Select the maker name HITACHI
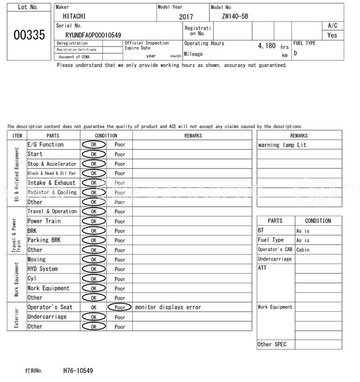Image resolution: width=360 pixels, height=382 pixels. pos(74,17)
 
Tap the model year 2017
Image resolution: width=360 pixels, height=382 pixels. pos(186,17)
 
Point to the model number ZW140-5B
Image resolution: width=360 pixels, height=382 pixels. pos(235,17)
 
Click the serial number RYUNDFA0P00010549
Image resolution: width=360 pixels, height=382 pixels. pos(93,35)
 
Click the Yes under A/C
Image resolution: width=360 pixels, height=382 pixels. pos(332,35)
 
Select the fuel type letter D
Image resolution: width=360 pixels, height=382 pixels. pos(295,54)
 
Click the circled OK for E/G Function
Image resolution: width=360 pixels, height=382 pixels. pos(93,145)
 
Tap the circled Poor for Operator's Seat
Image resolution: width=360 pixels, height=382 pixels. pos(120,307)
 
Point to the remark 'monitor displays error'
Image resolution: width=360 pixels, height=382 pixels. pos(168,307)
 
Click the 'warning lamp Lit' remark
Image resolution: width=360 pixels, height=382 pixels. pos(282,145)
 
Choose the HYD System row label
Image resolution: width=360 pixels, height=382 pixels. pos(43,269)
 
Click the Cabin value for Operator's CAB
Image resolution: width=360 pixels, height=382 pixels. pos(303,249)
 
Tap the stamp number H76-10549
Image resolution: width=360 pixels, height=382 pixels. pos(78,371)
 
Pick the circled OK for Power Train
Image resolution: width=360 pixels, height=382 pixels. pos(93,221)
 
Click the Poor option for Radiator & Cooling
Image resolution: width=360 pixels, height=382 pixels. pos(120,193)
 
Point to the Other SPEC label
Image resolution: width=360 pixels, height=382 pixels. pos(272,344)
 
